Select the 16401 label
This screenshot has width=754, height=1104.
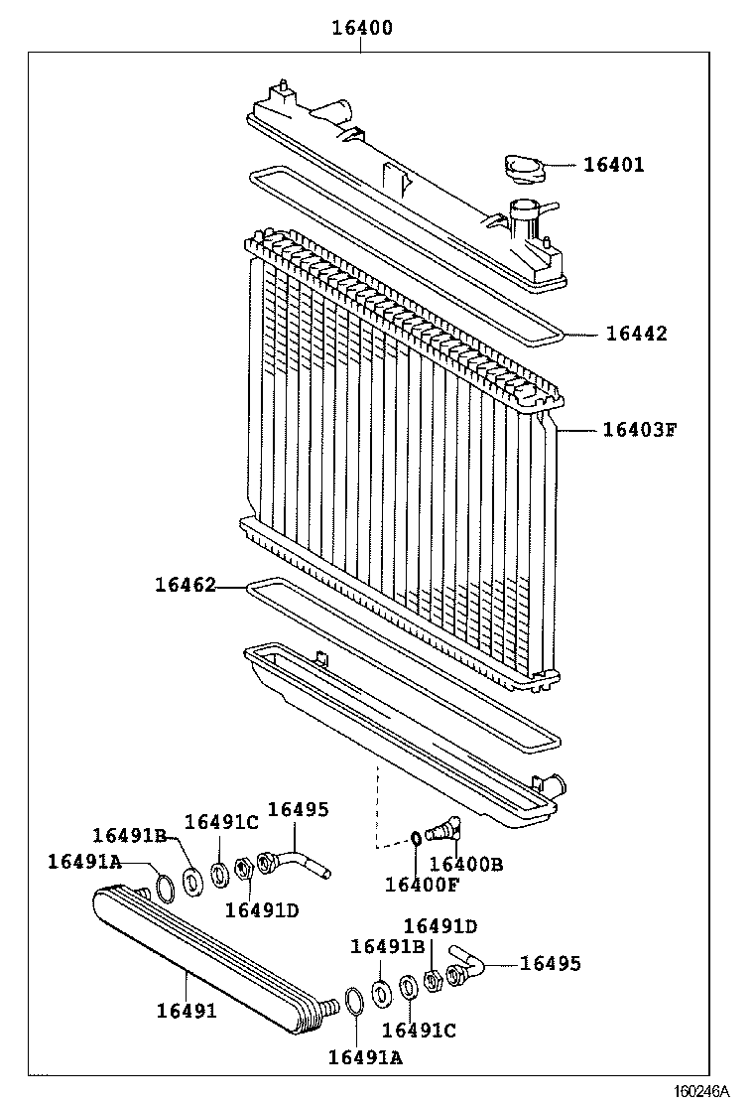pos(612,165)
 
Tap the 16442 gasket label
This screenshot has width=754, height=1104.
pos(636,334)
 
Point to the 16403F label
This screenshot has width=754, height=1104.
pos(639,430)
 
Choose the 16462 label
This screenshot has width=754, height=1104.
pos(185,586)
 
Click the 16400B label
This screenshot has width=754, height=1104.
pos(466,864)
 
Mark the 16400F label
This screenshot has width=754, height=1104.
pos(423,885)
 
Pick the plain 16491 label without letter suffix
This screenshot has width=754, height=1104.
pos(186,1011)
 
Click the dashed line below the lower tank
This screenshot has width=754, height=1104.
pos(376,809)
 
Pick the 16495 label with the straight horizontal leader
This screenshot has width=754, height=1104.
pos(551,963)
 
